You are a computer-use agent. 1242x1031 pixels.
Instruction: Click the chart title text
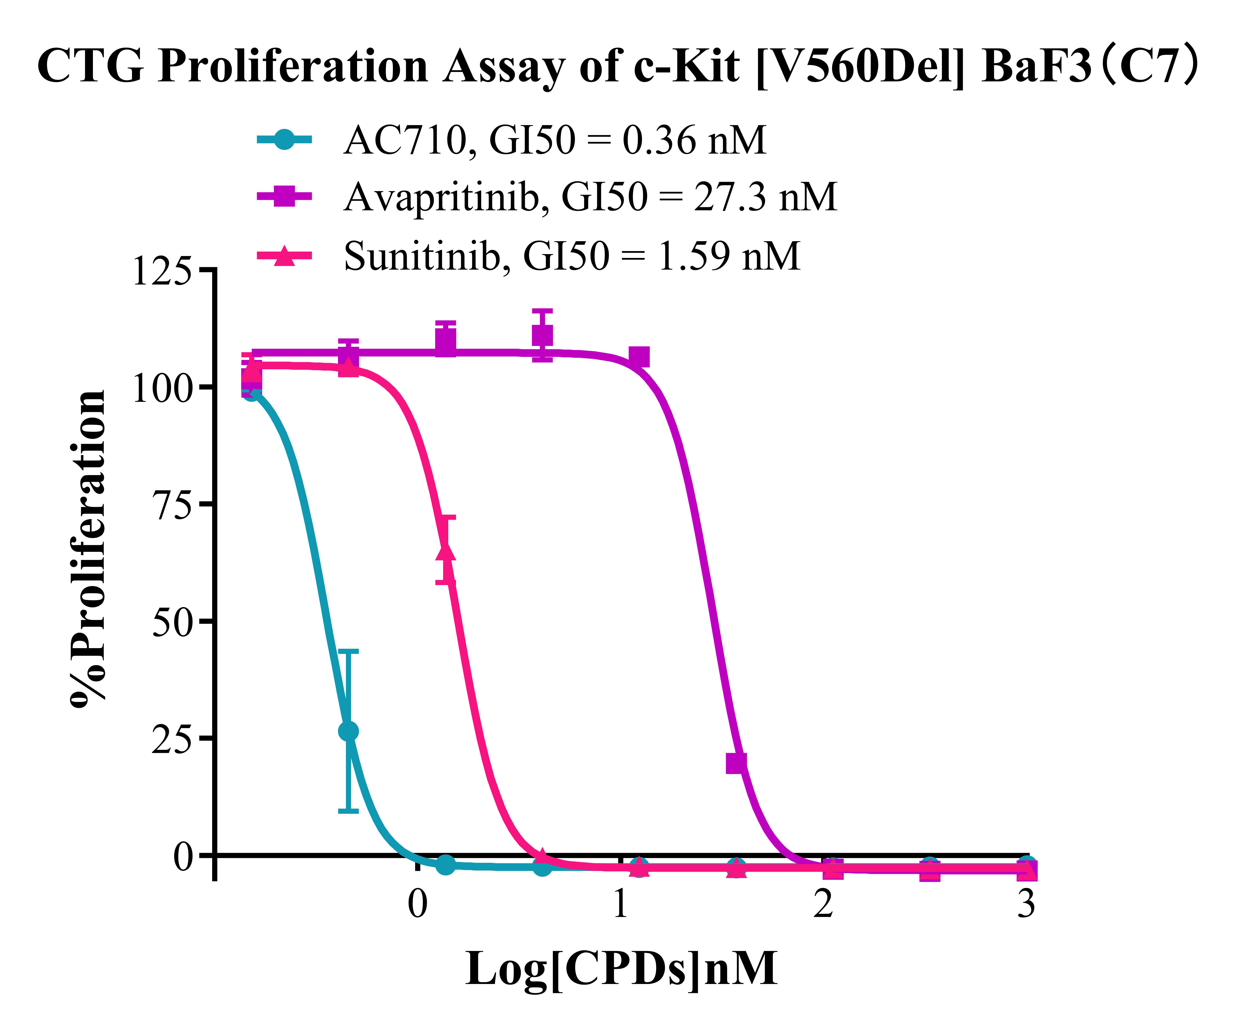pyautogui.click(x=618, y=66)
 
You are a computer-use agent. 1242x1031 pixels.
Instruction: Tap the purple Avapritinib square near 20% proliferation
pyautogui.click(x=736, y=763)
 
